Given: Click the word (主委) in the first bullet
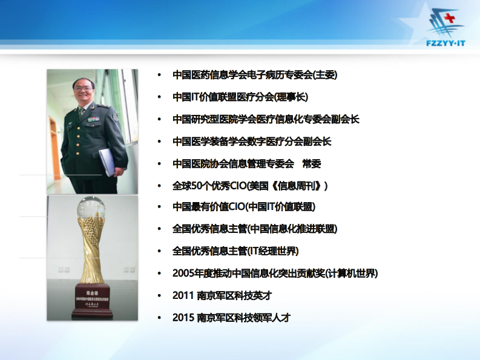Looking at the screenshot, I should tap(325, 75).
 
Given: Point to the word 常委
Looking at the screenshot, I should tap(312, 163).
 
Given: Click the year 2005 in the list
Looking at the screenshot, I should tap(183, 273).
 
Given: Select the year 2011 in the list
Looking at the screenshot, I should tap(183, 295).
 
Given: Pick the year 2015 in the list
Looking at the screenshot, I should tap(183, 317).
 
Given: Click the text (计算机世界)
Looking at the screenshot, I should tap(352, 273).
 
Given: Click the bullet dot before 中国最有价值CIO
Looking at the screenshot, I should tap(159, 207).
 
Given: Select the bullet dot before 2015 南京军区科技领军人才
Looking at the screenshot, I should tap(159, 317).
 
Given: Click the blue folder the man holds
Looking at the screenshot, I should tap(105, 160).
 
